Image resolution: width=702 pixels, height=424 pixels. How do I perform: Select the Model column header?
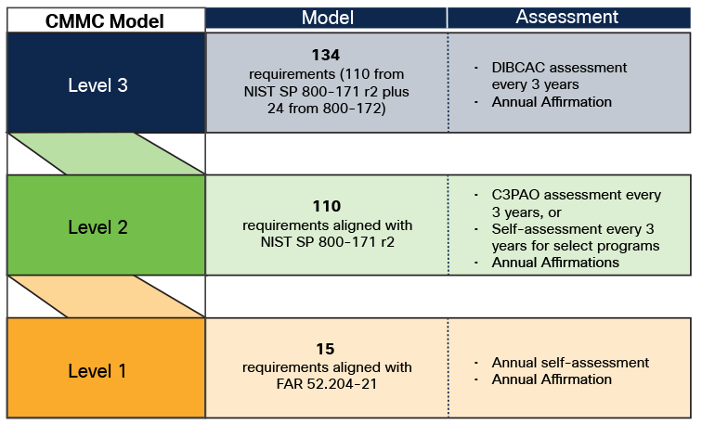pos(326,18)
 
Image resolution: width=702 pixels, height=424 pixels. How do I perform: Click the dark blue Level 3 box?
pos(104,84)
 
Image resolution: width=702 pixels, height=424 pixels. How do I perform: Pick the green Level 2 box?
pos(104,226)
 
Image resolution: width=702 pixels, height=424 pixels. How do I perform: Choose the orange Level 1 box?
pos(104,370)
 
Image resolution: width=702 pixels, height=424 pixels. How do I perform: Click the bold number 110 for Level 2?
pos(327,206)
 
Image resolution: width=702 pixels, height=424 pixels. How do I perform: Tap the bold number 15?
pos(327,350)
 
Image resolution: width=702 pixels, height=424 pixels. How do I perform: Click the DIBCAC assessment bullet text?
pos(559,76)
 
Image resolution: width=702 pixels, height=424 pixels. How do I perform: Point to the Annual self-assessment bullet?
pos(570,362)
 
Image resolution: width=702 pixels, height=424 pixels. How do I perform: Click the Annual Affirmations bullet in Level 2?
pos(555,263)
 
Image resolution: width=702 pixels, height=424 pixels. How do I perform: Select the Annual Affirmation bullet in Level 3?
pos(552,101)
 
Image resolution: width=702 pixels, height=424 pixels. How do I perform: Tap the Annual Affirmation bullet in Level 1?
pos(552,379)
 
